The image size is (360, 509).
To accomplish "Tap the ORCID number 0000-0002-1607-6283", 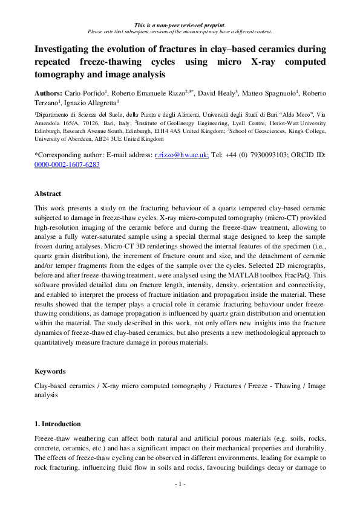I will coord(67,164).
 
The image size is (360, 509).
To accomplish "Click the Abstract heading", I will coord(48,193).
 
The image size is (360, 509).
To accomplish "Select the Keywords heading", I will coord(50,371).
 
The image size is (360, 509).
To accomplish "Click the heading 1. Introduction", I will coord(57,423).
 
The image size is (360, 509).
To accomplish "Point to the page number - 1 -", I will coord(180,484).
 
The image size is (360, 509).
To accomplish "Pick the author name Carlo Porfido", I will coord(85,94).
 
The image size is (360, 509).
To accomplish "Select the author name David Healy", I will coord(216,94).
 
